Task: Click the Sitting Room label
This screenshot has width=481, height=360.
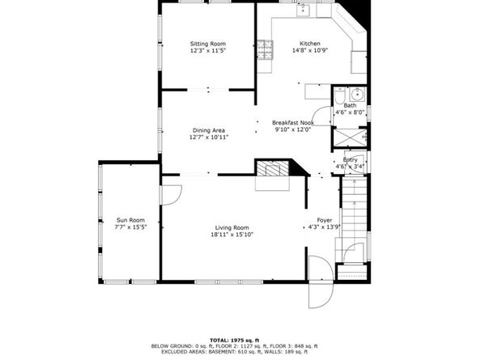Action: tap(207, 44)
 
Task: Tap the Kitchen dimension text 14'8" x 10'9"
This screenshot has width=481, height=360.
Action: tap(310, 50)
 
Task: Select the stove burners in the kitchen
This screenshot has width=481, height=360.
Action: tap(265, 49)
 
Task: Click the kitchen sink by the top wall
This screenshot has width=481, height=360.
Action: tap(304, 10)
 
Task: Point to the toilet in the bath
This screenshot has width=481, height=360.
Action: tap(339, 95)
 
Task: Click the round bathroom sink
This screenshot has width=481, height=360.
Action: tap(357, 95)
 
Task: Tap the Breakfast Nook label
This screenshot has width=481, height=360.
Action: tap(293, 123)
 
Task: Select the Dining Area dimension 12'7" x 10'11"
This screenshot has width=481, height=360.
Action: tap(209, 138)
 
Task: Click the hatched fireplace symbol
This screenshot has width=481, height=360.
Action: tap(273, 168)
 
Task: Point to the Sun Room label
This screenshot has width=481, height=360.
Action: tap(130, 220)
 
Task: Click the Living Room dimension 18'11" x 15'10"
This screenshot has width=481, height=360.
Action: tap(232, 235)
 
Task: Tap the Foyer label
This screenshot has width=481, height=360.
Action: tap(324, 220)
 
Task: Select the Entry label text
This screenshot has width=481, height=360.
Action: tap(350, 159)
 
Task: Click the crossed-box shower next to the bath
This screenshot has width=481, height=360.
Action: tap(349, 138)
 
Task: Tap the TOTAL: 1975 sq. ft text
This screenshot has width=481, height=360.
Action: tap(234, 340)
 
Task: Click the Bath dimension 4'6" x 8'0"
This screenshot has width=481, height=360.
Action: tap(350, 112)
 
